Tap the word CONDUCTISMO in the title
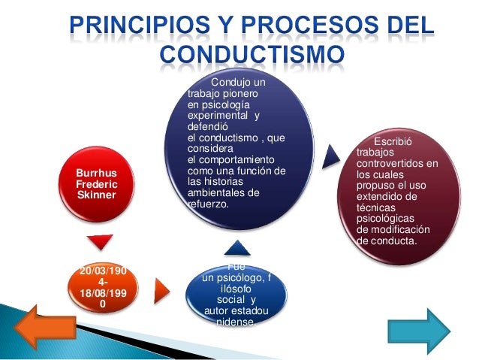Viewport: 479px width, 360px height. pos(252,56)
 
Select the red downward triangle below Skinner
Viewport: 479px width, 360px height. pos(100,242)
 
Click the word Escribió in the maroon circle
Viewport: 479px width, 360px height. pos(393,143)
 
